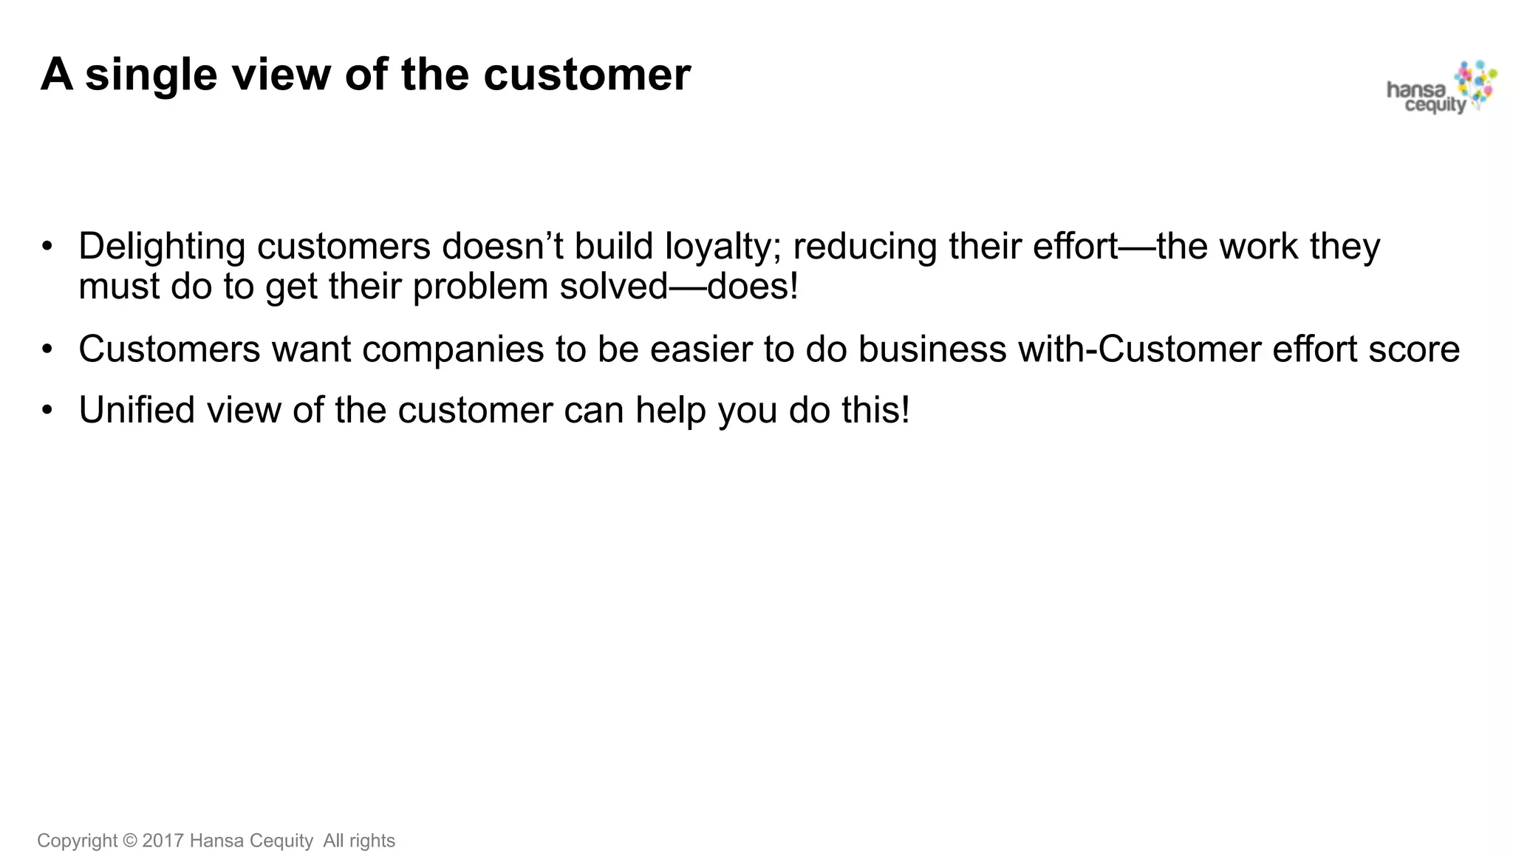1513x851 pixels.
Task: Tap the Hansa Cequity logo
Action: [1441, 89]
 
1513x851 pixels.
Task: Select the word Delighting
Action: [162, 247]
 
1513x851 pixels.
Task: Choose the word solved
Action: [613, 287]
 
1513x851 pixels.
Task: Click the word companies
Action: [453, 349]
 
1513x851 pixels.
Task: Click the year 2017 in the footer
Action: [163, 841]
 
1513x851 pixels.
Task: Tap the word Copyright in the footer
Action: [77, 841]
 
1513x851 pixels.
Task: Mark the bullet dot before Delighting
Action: [47, 247]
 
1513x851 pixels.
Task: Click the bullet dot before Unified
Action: [47, 410]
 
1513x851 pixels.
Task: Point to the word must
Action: [119, 287]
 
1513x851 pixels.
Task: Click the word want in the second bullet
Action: [311, 349]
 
